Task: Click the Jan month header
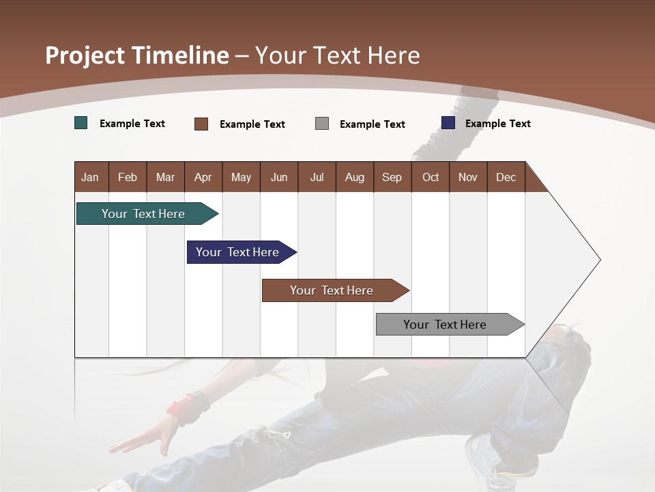tap(91, 177)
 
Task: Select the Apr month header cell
tap(203, 177)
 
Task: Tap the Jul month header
tap(317, 177)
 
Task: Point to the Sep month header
tap(392, 177)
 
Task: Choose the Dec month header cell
tap(506, 177)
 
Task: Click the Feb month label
tap(128, 177)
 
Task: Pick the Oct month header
tap(430, 177)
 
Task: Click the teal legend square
tap(81, 123)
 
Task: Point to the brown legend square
tap(201, 124)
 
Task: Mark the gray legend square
tap(322, 124)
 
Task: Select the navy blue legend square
tap(448, 123)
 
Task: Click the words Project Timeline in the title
tap(136, 55)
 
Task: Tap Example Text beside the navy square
tap(497, 124)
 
